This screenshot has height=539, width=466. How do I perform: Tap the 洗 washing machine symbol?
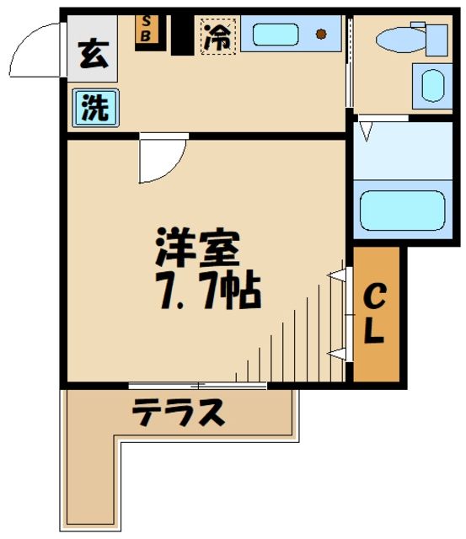click(94, 109)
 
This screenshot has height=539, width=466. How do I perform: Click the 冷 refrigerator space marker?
click(218, 35)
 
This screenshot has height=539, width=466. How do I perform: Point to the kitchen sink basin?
click(275, 35)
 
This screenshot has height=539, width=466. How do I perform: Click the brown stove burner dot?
click(321, 35)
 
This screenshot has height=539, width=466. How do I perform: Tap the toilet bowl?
click(402, 39)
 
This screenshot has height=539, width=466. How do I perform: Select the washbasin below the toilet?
click(430, 86)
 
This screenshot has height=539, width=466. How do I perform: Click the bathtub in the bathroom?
click(402, 210)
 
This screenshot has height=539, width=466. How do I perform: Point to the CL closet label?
click(375, 313)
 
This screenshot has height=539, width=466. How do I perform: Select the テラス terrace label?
click(179, 413)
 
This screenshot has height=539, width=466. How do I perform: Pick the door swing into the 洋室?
click(160, 158)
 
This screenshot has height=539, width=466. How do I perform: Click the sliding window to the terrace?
click(198, 385)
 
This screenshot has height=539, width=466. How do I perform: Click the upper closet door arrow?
click(337, 275)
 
